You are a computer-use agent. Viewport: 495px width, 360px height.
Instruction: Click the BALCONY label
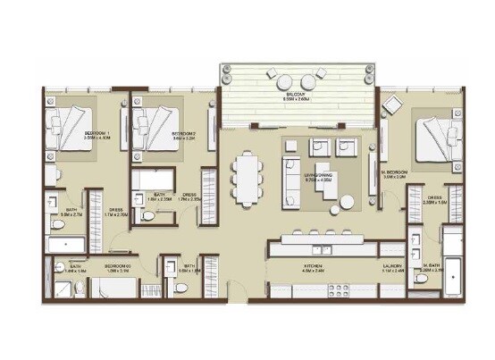point(296,93)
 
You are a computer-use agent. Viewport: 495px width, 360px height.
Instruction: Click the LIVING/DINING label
point(318,177)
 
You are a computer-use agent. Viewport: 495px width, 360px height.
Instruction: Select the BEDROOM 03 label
point(118,265)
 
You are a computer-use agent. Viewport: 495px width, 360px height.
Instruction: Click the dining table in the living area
point(245,177)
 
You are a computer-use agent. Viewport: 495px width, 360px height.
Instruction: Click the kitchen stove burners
point(338,288)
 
